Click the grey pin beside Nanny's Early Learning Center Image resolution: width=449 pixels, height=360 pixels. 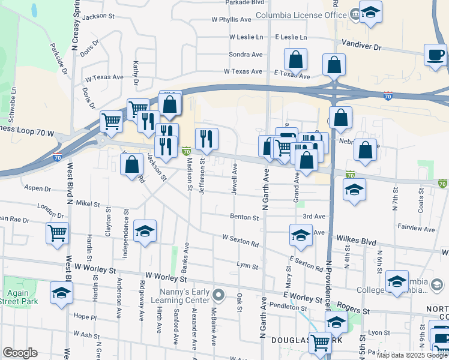pyautogui.click(x=219, y=295)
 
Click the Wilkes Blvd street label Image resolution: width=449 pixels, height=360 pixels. pyautogui.click(x=356, y=242)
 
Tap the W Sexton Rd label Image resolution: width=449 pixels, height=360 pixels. pyautogui.click(x=240, y=241)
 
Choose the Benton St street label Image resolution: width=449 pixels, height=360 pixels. pyautogui.click(x=244, y=217)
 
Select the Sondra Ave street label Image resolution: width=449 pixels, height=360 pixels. pyautogui.click(x=246, y=54)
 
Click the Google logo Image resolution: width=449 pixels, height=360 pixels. pyautogui.click(x=20, y=353)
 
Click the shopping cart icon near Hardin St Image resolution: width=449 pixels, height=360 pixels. pyautogui.click(x=58, y=232)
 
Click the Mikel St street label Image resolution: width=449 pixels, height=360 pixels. pyautogui.click(x=88, y=204)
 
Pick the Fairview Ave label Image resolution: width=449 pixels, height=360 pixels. pyautogui.click(x=416, y=229)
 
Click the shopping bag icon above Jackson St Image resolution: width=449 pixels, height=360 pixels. pyautogui.click(x=131, y=164)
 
